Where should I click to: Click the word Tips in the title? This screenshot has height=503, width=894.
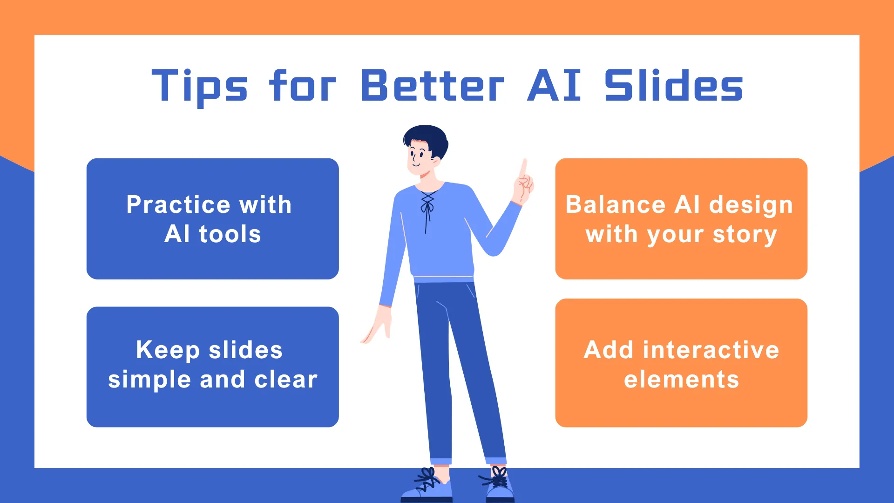coord(200,86)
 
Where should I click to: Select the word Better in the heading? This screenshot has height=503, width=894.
coord(433,86)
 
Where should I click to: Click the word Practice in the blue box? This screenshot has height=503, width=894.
coord(178,204)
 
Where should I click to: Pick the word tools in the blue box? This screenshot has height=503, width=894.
coord(230,234)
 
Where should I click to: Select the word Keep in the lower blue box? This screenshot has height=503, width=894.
coord(168,351)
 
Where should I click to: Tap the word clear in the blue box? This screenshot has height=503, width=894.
coord(286,379)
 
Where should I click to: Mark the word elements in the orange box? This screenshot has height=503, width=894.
coord(681,379)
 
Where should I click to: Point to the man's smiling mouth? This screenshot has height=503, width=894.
coord(416,164)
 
